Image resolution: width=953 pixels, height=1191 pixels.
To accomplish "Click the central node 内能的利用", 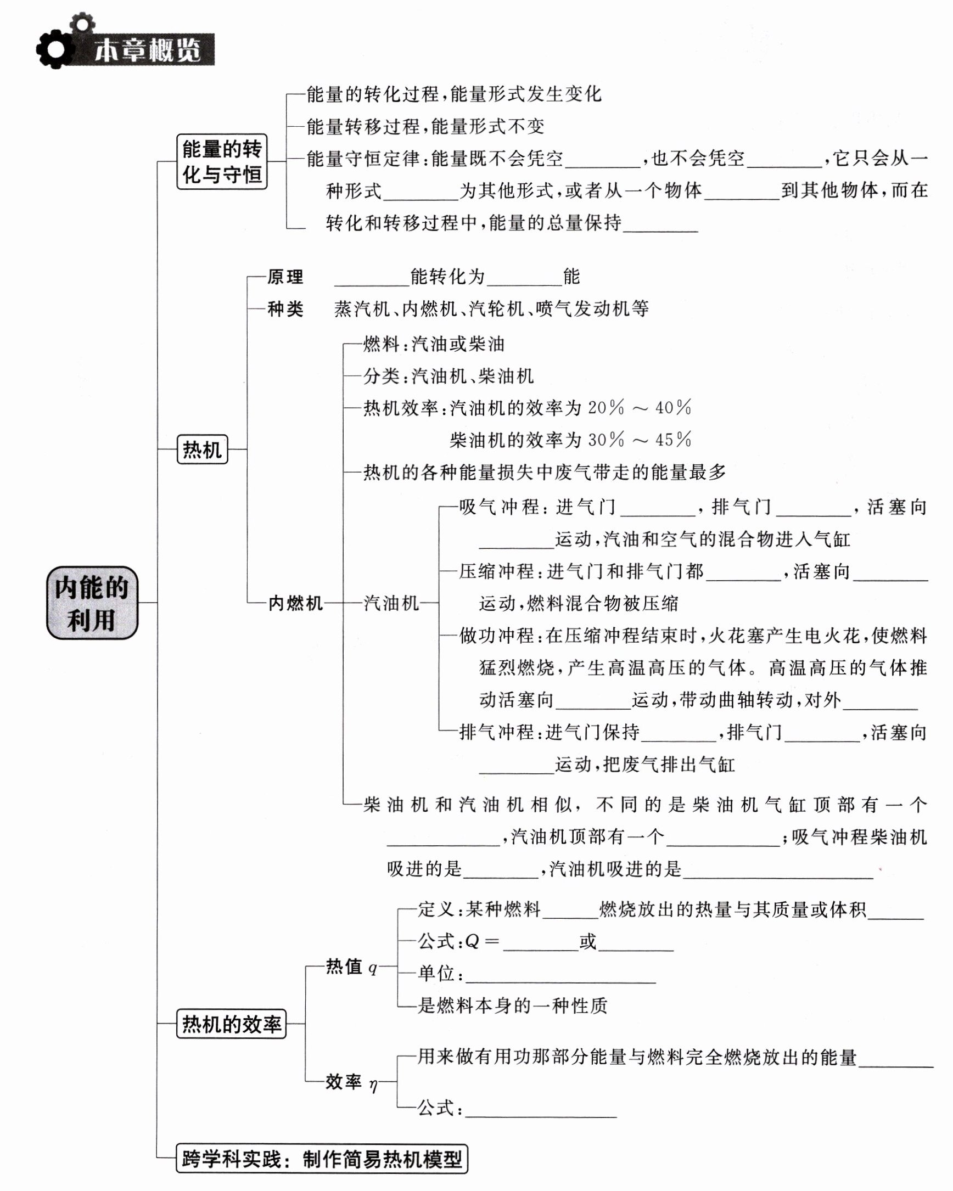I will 92,603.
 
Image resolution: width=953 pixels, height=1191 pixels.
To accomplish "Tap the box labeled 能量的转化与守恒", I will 222,161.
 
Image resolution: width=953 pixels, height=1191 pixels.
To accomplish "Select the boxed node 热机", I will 202,449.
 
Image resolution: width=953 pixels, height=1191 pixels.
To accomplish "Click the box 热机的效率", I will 232,1024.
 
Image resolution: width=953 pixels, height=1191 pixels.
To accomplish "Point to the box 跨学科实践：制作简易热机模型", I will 322,1159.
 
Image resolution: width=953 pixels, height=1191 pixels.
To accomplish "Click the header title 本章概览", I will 148,51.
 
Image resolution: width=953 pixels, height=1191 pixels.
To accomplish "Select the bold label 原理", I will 285,277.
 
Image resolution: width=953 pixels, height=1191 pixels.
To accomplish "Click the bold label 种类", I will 285,309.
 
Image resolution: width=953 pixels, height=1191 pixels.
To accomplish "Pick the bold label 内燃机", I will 295,603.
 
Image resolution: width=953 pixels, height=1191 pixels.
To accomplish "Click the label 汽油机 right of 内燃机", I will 391,603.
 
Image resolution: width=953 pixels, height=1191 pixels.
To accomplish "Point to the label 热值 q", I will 351,967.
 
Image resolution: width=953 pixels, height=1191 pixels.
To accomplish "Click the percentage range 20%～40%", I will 639,408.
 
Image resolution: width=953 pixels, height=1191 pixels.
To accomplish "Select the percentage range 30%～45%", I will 639,440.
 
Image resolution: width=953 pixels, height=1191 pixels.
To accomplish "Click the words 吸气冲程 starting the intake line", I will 499,507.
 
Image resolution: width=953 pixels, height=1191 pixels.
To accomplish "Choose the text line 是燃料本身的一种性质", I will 512,1005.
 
